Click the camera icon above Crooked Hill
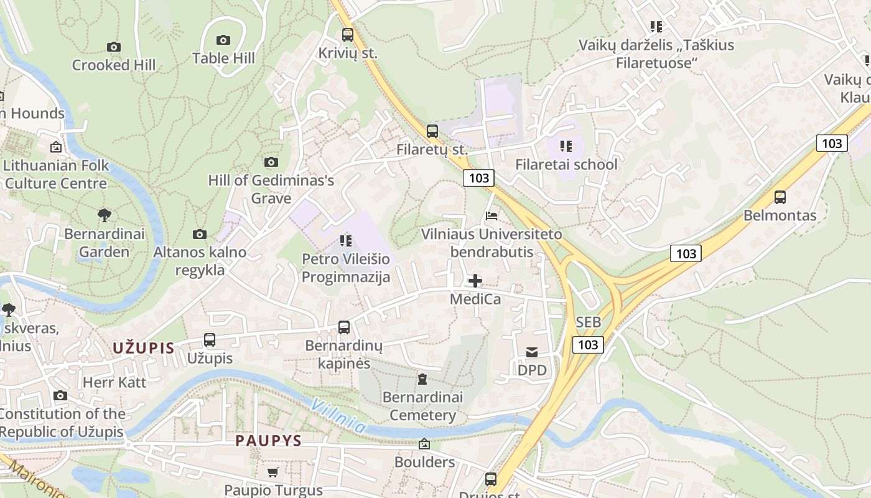tap(113, 47)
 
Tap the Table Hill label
tap(223, 59)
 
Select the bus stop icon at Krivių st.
tap(348, 35)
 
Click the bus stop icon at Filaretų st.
tap(432, 131)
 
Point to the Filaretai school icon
tap(566, 146)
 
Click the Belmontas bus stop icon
tap(780, 197)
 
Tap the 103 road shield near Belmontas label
tap(686, 253)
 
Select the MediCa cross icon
tap(475, 281)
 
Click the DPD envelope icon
tap(532, 352)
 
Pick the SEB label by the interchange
tap(589, 322)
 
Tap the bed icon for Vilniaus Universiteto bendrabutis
tap(491, 216)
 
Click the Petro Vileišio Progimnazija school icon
tap(346, 240)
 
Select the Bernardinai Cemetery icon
tap(422, 378)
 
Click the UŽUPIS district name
tap(144, 348)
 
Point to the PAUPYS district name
tap(268, 441)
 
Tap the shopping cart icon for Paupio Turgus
tap(273, 472)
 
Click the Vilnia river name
tap(338, 416)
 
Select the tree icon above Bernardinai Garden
tap(105, 215)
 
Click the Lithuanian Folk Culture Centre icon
tap(56, 147)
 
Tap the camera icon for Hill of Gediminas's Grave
tap(271, 162)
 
